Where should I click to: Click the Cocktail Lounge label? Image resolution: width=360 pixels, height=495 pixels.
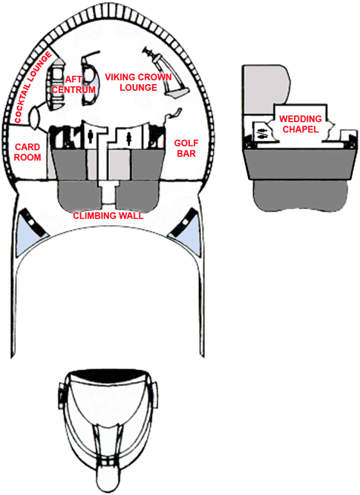tap(33, 88)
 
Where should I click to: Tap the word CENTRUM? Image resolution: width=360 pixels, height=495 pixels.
tap(73, 89)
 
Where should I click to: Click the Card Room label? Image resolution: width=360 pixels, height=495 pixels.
tap(27, 152)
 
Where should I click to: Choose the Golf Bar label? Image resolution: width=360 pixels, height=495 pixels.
tap(187, 148)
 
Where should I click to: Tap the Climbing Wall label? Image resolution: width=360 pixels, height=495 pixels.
tap(108, 216)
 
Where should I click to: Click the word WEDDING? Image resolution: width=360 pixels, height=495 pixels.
tap(301, 119)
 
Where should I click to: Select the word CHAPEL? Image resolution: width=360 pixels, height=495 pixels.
tap(301, 129)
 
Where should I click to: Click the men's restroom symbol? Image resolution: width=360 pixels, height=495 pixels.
tap(91, 138)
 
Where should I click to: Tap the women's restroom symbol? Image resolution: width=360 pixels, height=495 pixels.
tap(129, 139)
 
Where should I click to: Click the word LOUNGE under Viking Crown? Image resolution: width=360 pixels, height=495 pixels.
tap(138, 87)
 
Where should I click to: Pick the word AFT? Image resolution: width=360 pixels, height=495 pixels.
tap(74, 79)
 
